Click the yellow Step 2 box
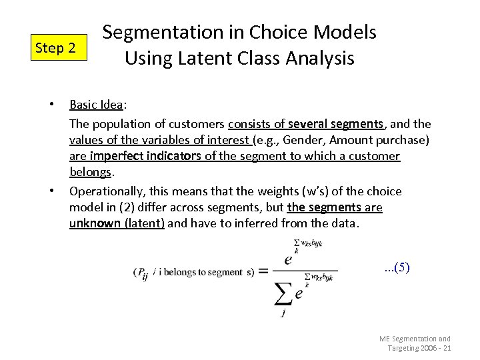coord(59,48)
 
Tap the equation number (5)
coord(398,268)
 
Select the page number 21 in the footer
coord(446,349)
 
